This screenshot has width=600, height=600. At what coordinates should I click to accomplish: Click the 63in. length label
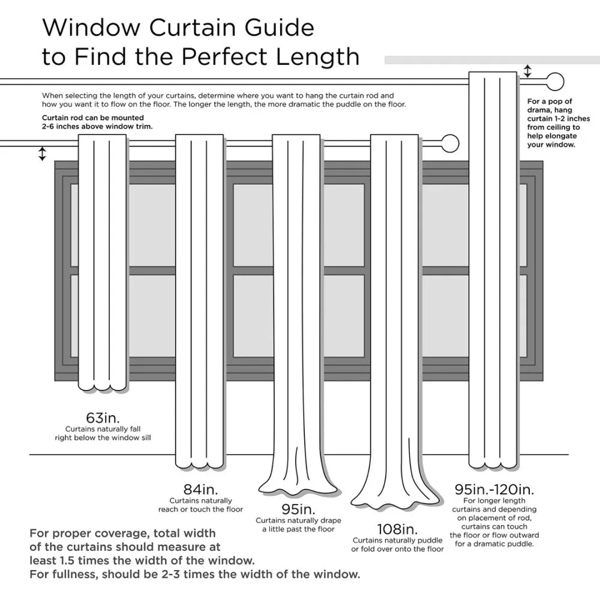coord(103,418)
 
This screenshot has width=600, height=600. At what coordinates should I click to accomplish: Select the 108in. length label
coord(397,529)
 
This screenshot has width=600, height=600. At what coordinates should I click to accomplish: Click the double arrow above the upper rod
coord(527,71)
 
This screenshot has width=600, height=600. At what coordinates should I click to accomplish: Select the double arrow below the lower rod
coord(42,154)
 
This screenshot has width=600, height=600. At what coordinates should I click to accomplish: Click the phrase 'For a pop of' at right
coord(550,101)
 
